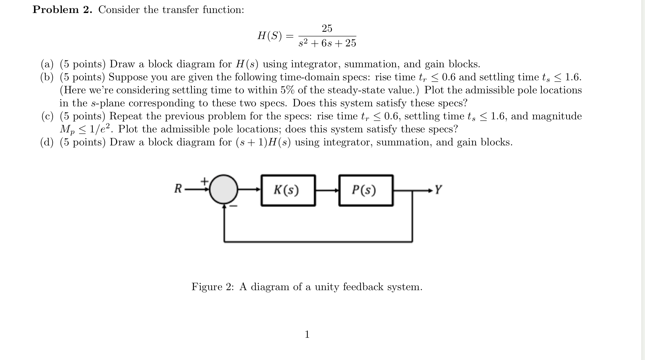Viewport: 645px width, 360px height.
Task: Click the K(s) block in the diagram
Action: coord(288,190)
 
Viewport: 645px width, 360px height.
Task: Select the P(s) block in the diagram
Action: coord(366,190)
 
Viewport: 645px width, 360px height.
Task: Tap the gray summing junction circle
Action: coord(224,189)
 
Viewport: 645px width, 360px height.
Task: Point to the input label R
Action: coord(178,189)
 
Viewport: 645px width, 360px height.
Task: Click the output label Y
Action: coord(438,190)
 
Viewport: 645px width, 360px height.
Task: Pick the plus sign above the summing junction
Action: coord(205,181)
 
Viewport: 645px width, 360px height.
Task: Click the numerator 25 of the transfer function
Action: coord(327,29)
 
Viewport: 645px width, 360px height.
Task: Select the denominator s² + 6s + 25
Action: coord(327,43)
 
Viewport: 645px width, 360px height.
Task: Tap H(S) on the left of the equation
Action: coord(269,36)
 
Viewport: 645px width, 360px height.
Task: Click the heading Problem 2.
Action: coord(62,10)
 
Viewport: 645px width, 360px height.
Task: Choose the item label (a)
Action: coord(47,64)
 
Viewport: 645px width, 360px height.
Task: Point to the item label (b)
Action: coord(47,77)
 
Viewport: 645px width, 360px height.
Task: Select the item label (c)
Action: coord(47,116)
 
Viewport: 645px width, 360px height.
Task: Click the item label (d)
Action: coord(47,142)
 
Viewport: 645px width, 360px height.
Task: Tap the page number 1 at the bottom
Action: coord(307,334)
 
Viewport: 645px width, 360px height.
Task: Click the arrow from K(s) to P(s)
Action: coord(327,190)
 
